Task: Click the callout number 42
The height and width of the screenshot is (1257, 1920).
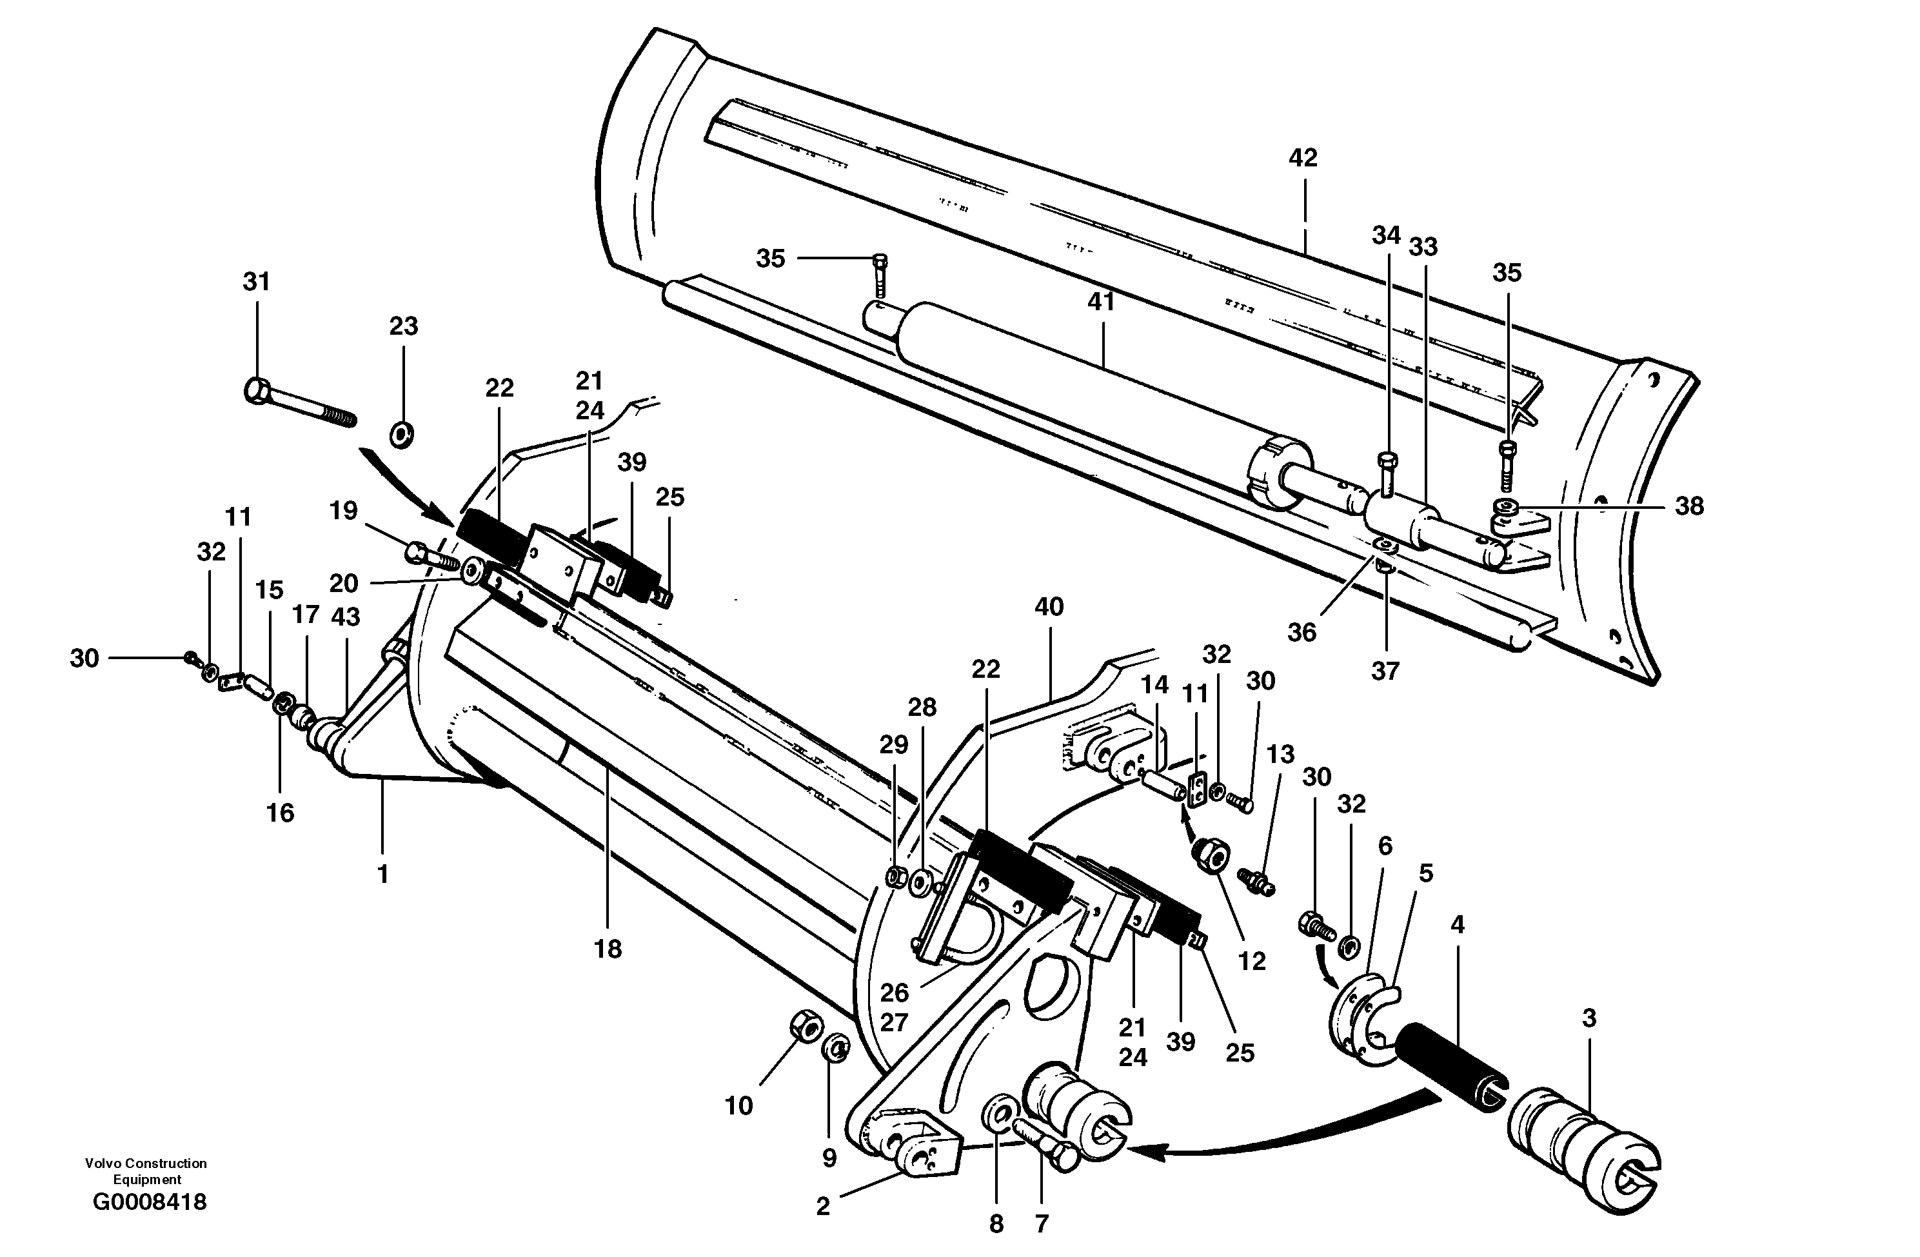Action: [x=1303, y=158]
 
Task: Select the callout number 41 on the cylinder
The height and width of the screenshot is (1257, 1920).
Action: [x=1100, y=302]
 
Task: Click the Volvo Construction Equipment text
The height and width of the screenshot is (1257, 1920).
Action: [x=146, y=1171]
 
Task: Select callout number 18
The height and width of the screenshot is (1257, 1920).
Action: [x=608, y=949]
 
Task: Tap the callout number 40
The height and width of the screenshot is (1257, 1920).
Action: [x=1049, y=607]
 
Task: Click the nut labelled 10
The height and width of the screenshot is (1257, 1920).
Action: [x=804, y=1027]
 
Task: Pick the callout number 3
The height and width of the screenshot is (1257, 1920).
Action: [x=1588, y=1018]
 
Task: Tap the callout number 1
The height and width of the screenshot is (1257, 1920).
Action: [x=383, y=873]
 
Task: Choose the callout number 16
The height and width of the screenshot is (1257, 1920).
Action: [x=280, y=813]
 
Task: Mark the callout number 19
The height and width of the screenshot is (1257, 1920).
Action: [x=344, y=511]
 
